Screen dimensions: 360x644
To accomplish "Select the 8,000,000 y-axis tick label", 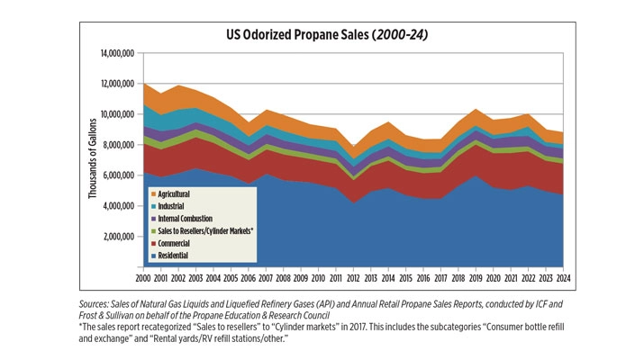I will [118, 146].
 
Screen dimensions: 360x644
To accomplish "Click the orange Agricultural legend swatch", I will [154, 193].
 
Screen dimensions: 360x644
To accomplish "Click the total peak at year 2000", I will [144, 84].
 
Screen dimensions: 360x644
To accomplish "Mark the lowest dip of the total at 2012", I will [354, 146].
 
